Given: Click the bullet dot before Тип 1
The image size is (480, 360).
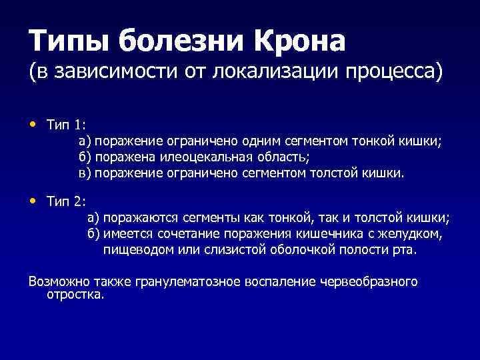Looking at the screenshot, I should tap(33, 124).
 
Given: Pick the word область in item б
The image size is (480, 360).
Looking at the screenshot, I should tap(285, 157).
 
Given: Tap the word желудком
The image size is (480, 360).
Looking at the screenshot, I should tap(411, 233).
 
